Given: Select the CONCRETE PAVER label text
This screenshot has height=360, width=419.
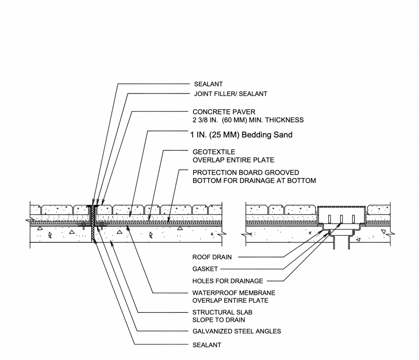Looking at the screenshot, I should tap(224, 112).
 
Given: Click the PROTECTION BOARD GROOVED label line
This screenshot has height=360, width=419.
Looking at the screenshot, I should tap(246, 173).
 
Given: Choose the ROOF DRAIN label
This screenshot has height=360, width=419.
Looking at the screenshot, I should tap(212, 257).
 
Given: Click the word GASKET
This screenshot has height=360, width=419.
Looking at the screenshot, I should tap(205, 269).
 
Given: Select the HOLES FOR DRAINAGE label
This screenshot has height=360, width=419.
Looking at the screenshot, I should tap(228, 281).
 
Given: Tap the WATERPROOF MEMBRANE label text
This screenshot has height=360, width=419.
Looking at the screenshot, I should tap(234, 293).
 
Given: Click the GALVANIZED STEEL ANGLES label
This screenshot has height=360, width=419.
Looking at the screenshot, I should tap(237, 331).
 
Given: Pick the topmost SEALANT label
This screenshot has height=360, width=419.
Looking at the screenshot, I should tap(208, 84).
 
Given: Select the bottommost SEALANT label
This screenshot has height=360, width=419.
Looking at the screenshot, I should tap(207, 345).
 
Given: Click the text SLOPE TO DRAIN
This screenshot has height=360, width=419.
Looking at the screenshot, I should tap(219, 320).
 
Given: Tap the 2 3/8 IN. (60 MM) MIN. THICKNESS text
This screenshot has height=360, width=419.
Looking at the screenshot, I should tap(248, 120).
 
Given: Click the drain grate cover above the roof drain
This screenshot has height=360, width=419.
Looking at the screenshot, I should tap(341, 207).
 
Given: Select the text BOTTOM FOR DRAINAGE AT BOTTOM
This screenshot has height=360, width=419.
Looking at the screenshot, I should tap(254, 180).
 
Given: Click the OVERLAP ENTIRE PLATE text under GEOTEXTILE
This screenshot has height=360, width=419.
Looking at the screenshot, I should tap(233, 160).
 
